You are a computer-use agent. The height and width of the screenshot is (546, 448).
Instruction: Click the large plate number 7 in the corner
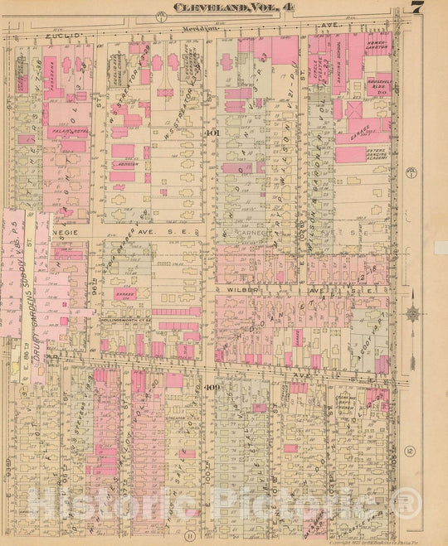(x=416, y=8)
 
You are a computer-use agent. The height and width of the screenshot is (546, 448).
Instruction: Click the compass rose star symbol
(x=412, y=314)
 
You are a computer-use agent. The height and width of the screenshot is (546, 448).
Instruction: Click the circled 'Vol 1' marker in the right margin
(x=411, y=171)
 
